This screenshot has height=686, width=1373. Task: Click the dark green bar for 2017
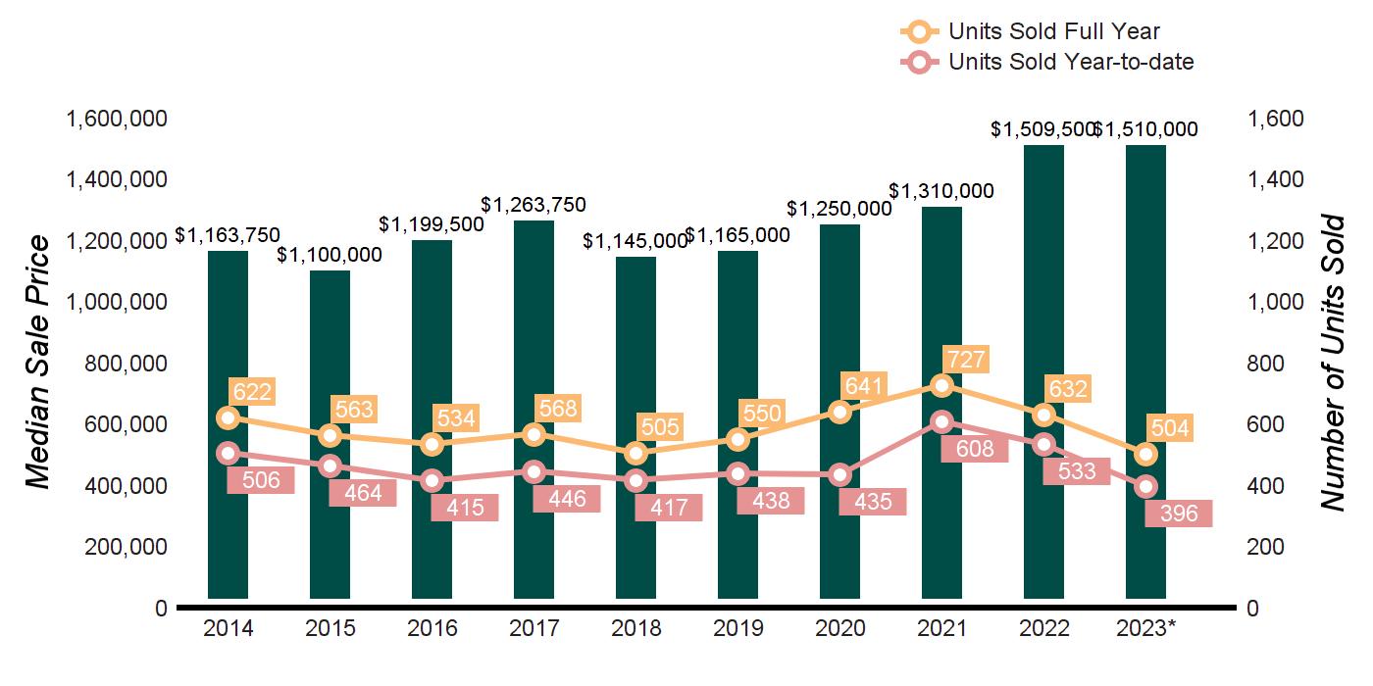pyautogui.click(x=534, y=412)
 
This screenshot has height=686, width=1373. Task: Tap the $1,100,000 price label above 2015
pyautogui.click(x=330, y=255)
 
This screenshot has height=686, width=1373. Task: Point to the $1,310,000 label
pyautogui.click(x=941, y=191)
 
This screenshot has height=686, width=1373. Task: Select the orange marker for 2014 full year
pyautogui.click(x=228, y=417)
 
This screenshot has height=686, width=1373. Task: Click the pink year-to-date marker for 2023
pyautogui.click(x=1145, y=487)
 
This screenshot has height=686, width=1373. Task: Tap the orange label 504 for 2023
pyautogui.click(x=1170, y=428)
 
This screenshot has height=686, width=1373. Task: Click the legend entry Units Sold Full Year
pyautogui.click(x=1053, y=32)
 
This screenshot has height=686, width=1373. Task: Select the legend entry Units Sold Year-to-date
pyautogui.click(x=1070, y=62)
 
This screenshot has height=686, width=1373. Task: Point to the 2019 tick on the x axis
pyautogui.click(x=737, y=628)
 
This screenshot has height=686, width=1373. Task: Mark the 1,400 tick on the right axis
pyautogui.click(x=1276, y=180)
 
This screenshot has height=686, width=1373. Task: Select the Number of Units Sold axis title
pyautogui.click(x=1331, y=363)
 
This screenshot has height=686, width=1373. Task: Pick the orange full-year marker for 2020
pyautogui.click(x=839, y=412)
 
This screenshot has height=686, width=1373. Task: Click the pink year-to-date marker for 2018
pyautogui.click(x=636, y=480)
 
